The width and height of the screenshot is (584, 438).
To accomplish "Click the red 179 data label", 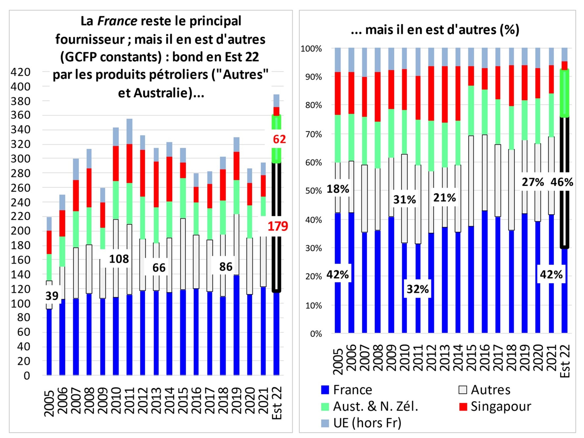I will coord(278,226).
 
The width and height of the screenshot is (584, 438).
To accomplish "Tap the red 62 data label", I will coord(279,139).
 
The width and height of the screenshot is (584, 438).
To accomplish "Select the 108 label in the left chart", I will coord(119,259).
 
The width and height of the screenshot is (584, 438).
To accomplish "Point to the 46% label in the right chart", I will coord(562,182).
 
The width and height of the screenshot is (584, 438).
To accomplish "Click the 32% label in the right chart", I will coord(418,289).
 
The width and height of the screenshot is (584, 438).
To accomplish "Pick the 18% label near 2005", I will coord(338,189).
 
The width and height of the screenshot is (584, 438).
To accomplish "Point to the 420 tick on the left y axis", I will coord(20,72).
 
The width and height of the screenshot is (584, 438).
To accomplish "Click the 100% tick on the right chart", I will coord(311,49).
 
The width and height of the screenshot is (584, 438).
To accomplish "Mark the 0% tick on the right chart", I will coord(316,334).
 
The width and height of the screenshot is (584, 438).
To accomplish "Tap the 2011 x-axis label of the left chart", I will coord(130,401).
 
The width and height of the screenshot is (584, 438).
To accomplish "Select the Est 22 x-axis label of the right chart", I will coord(565,361).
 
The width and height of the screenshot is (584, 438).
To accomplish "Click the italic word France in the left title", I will coord(117,21).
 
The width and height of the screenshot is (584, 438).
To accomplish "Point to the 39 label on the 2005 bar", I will coord(52,296).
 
